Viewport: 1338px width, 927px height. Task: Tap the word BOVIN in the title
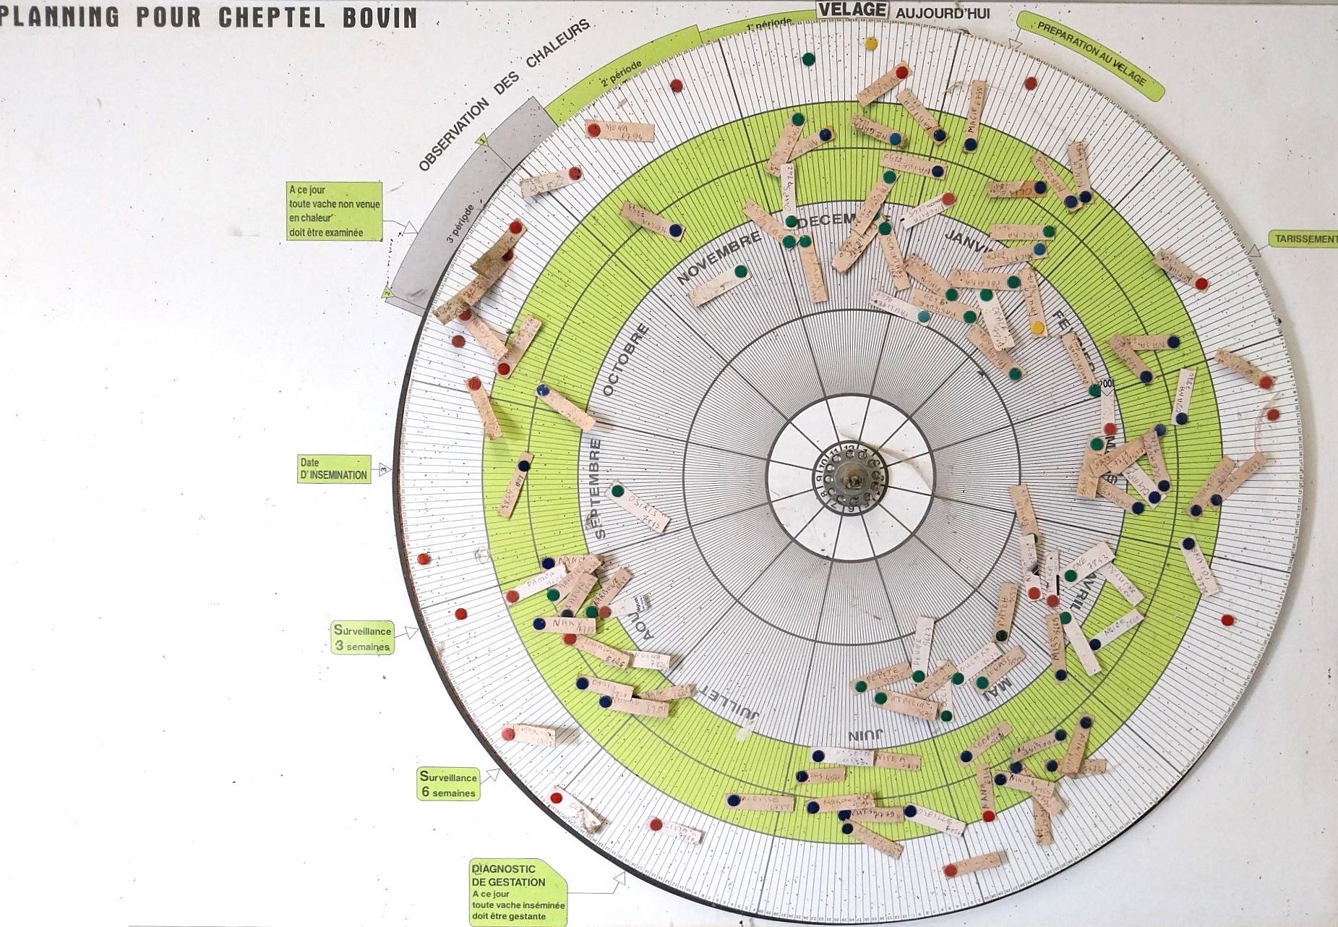tap(379, 17)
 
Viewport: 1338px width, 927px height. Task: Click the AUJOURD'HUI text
tap(943, 13)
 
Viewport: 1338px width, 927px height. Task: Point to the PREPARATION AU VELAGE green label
tap(1091, 55)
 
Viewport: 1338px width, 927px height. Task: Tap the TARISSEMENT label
tap(1305, 239)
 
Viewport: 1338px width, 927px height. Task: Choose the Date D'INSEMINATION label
tap(334, 469)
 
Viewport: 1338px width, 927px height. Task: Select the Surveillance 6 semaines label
tap(449, 785)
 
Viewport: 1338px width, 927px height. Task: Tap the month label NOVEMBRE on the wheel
tap(719, 257)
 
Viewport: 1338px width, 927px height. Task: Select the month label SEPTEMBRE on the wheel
tap(597, 488)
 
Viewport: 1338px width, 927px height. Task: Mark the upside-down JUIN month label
tap(865, 736)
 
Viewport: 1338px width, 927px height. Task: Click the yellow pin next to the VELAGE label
tap(870, 43)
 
